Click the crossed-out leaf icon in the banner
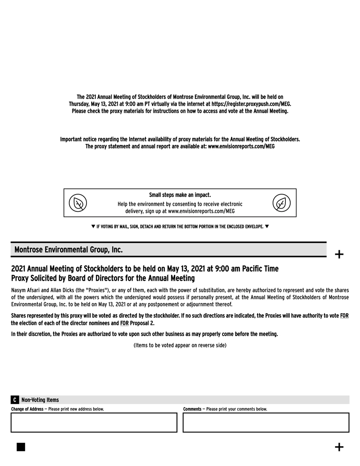point(78,203)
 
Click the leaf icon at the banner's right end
point(281,203)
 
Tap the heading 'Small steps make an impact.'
point(180,195)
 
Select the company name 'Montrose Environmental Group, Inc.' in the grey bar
point(68,249)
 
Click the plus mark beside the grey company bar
point(339,254)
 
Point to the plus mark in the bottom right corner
point(339,447)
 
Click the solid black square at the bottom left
point(21,447)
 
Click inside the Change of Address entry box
point(94,423)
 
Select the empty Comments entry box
point(266,423)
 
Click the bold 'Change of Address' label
point(27,409)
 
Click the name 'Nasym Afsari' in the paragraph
point(25,290)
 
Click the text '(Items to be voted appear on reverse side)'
point(180,345)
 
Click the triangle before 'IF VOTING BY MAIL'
point(93,227)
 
